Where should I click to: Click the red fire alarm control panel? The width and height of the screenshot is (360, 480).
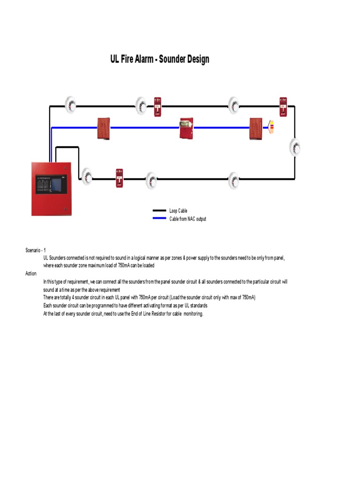pyautogui.click(x=51, y=189)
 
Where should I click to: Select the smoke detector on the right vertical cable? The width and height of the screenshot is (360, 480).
pyautogui.click(x=295, y=147)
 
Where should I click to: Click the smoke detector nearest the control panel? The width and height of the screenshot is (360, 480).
pyautogui.click(x=87, y=175)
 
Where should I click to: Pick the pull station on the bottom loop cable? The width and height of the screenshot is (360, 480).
pyautogui.click(x=119, y=178)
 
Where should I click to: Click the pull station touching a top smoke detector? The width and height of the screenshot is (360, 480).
pyautogui.click(x=157, y=106)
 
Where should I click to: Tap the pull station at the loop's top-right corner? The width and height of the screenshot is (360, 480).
pyautogui.click(x=283, y=107)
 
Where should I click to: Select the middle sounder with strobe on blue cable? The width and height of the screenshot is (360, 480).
pyautogui.click(x=186, y=128)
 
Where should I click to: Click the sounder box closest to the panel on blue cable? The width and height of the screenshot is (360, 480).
pyautogui.click(x=103, y=128)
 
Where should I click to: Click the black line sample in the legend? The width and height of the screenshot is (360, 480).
pyautogui.click(x=159, y=211)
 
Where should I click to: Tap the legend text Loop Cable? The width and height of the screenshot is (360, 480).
pyautogui.click(x=178, y=211)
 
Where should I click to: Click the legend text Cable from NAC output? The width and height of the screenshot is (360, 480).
pyautogui.click(x=187, y=219)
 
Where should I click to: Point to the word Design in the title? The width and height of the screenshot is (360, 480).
pyautogui.click(x=198, y=60)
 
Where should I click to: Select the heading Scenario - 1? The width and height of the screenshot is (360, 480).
pyautogui.click(x=36, y=250)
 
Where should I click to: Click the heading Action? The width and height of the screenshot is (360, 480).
pyautogui.click(x=31, y=274)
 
